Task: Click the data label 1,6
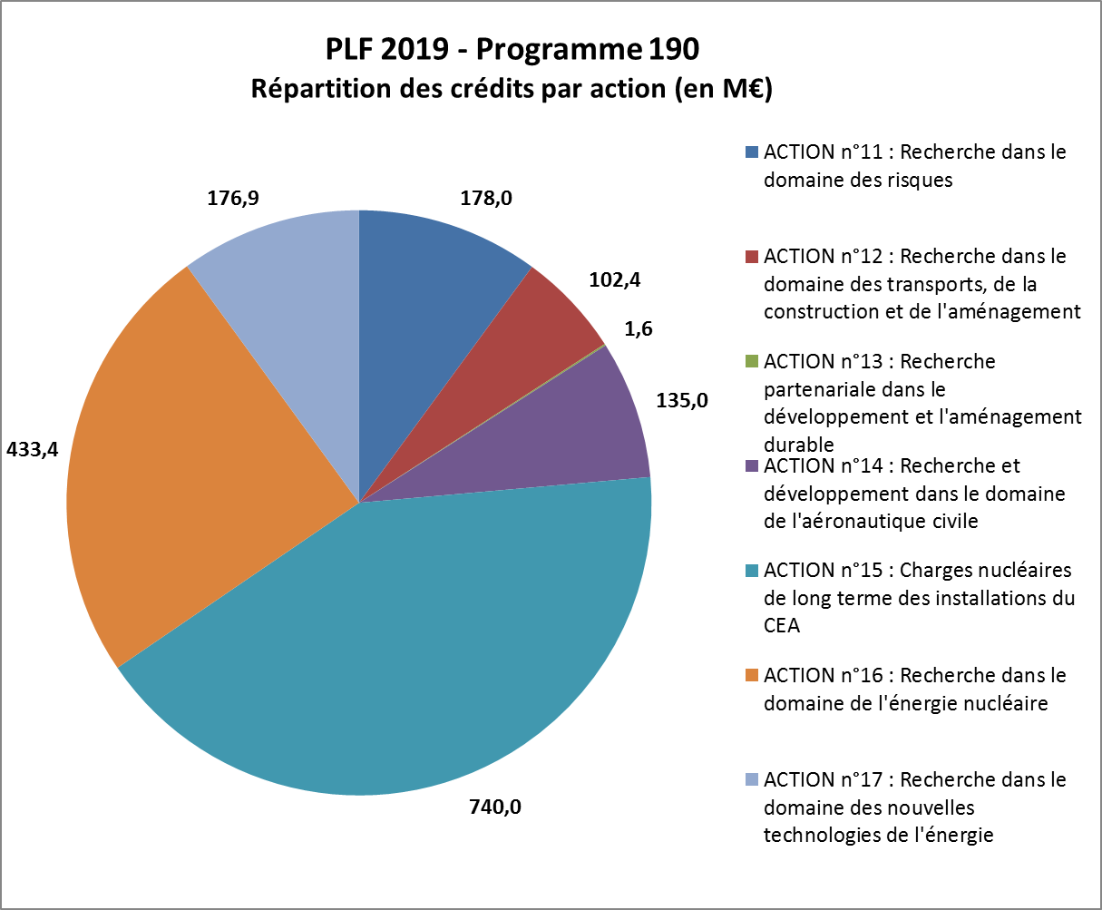(x=639, y=328)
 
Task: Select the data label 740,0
(x=494, y=807)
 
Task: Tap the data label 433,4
(x=32, y=448)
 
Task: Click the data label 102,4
(x=614, y=279)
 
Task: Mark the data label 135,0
(x=681, y=398)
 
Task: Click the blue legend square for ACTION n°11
(x=750, y=152)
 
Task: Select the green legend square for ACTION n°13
(x=750, y=362)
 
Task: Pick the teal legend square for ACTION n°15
(x=750, y=571)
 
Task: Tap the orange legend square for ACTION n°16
(x=750, y=676)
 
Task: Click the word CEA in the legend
(x=782, y=626)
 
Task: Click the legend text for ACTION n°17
(x=914, y=807)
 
